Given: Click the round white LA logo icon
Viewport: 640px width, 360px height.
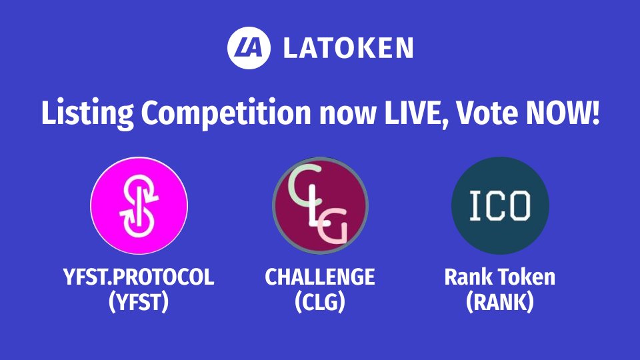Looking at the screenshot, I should [x=248, y=47].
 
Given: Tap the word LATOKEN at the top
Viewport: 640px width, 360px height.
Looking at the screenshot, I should [x=347, y=48].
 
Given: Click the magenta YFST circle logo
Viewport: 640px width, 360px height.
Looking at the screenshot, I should [x=139, y=207].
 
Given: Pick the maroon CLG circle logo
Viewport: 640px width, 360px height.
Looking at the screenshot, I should [x=320, y=207].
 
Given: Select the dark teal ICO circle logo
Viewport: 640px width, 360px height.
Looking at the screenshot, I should [x=500, y=207].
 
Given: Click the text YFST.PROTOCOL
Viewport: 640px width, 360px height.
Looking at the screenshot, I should [x=139, y=277].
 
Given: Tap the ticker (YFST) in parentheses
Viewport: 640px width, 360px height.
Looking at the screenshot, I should [x=139, y=303].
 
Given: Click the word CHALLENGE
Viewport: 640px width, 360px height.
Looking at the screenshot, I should [x=320, y=277].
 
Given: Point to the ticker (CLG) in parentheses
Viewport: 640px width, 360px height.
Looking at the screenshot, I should [x=320, y=303].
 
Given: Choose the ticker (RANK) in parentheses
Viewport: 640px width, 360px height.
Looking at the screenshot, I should [x=500, y=303].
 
